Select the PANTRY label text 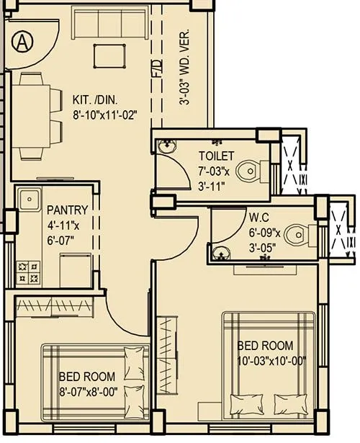pos(67,210)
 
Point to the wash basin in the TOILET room pos(166,144)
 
